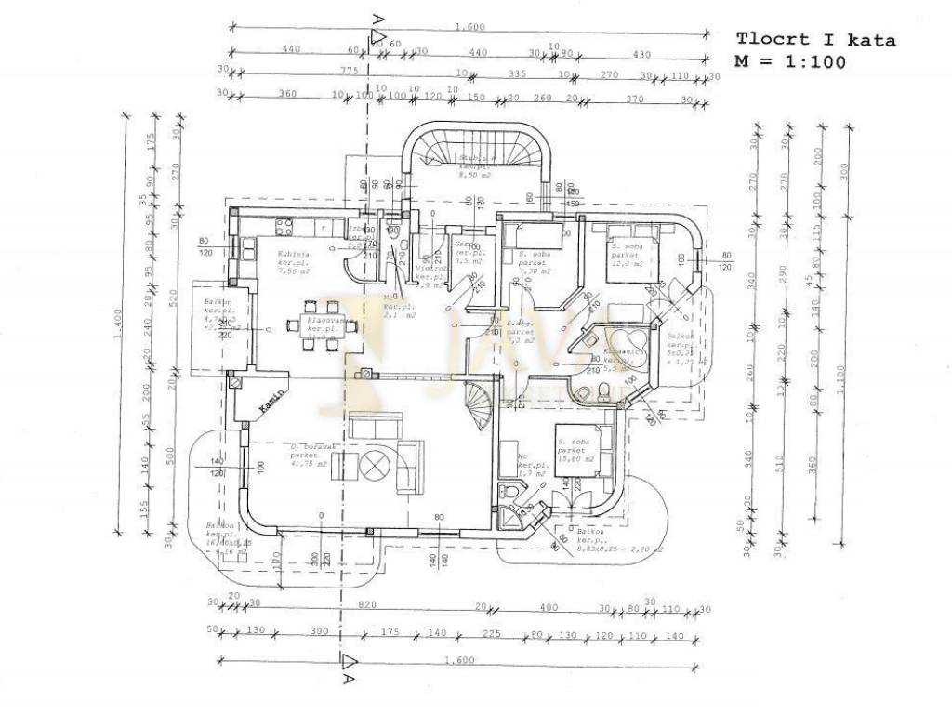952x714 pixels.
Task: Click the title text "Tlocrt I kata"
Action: tap(815, 40)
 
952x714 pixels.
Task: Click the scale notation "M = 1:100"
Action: tap(790, 63)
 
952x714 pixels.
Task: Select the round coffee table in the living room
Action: tap(377, 465)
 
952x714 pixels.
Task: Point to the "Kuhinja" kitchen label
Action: tap(293, 254)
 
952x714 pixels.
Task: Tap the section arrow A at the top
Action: tap(377, 37)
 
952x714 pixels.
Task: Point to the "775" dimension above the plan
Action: tap(350, 73)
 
